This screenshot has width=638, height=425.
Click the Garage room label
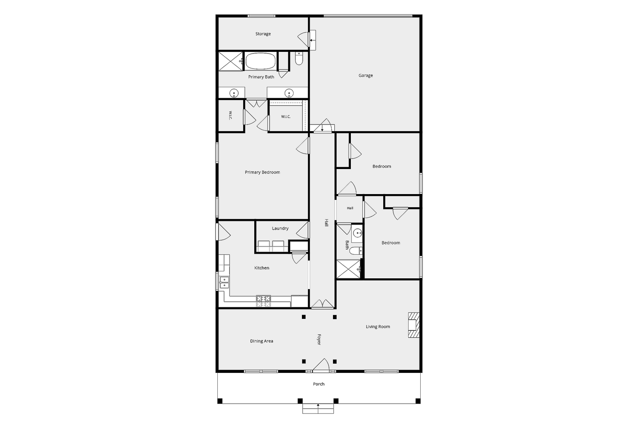coord(366,76)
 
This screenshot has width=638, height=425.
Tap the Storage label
coord(263,34)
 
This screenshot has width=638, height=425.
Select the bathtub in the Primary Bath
coord(261,61)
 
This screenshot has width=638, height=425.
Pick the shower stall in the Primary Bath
coord(231,61)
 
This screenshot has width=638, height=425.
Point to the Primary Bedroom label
coord(262,172)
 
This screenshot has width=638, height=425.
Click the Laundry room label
coord(280,229)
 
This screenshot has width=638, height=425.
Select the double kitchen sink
coord(224,283)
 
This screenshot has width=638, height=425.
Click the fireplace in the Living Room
coord(414,325)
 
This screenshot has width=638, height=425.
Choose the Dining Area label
coord(261,341)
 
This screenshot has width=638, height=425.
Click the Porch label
coord(318,384)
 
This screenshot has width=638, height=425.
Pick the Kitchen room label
coord(262,268)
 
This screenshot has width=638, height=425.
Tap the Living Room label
coord(378,327)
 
